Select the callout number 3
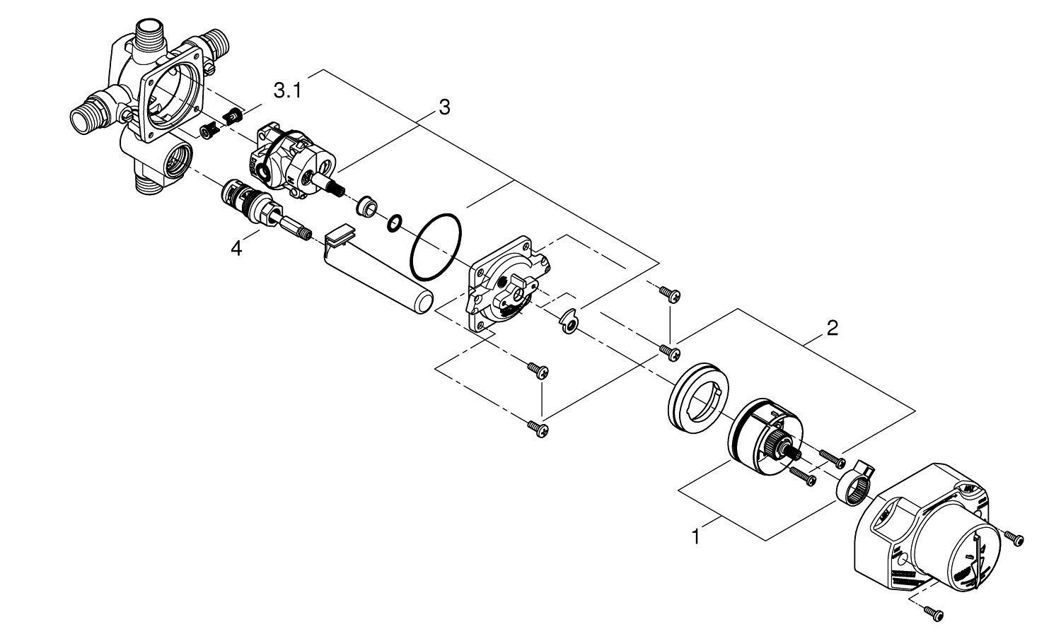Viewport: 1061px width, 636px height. (443, 107)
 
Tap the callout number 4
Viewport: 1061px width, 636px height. (236, 248)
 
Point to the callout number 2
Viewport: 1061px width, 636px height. (832, 328)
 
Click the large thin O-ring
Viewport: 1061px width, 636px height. (436, 247)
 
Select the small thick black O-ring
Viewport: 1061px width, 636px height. (395, 224)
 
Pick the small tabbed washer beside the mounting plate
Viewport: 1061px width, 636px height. (569, 322)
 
